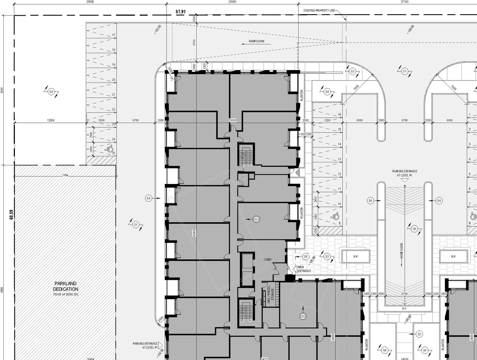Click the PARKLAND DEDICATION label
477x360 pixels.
[x=66, y=286]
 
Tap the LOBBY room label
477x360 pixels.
[x=268, y=259]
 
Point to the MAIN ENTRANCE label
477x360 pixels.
[x=304, y=269]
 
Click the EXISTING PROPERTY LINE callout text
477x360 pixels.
[x=319, y=11]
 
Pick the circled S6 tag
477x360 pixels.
[x=306, y=257]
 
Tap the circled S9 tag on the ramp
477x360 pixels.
[x=414, y=229]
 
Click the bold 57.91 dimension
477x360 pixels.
[x=181, y=12]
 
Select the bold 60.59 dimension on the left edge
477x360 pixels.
[x=11, y=216]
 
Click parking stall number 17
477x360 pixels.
[x=113, y=35]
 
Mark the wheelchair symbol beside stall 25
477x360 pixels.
[x=110, y=149]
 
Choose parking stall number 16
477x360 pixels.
[x=339, y=115]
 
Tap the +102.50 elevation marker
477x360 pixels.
[x=157, y=29]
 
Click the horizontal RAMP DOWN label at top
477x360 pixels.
[x=256, y=41]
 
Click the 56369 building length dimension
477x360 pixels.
[x=194, y=233]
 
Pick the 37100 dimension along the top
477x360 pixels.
[x=404, y=2]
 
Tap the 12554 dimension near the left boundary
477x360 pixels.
[x=51, y=120]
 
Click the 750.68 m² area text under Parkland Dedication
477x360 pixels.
[x=66, y=294]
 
